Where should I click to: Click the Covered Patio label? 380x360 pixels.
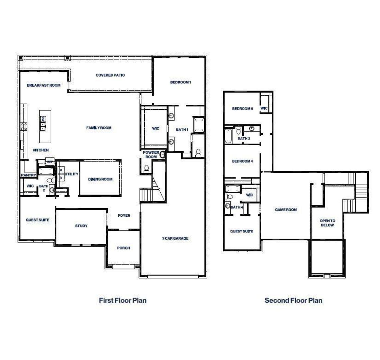pyautogui.click(x=110, y=75)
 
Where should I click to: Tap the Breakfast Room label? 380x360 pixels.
pyautogui.click(x=44, y=85)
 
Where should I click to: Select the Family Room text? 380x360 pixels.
pyautogui.click(x=99, y=128)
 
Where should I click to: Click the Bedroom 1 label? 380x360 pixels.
pyautogui.click(x=180, y=82)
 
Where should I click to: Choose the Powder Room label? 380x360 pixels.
pyautogui.click(x=151, y=154)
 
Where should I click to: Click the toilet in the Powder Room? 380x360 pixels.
pyautogui.click(x=146, y=169)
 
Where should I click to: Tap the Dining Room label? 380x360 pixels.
pyautogui.click(x=100, y=179)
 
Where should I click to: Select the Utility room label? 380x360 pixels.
pyautogui.click(x=71, y=174)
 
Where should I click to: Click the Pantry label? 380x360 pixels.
pyautogui.click(x=28, y=175)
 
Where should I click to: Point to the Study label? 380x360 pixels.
pyautogui.click(x=81, y=226)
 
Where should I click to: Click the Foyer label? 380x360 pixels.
pyautogui.click(x=124, y=215)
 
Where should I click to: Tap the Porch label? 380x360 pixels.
pyautogui.click(x=123, y=248)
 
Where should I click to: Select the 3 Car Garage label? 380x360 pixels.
pyautogui.click(x=175, y=238)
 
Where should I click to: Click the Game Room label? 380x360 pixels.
pyautogui.click(x=286, y=210)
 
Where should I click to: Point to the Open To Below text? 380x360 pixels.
pyautogui.click(x=327, y=223)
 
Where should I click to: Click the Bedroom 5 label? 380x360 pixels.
pyautogui.click(x=242, y=109)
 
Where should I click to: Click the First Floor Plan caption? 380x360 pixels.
pyautogui.click(x=123, y=300)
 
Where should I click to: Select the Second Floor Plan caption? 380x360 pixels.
pyautogui.click(x=293, y=300)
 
